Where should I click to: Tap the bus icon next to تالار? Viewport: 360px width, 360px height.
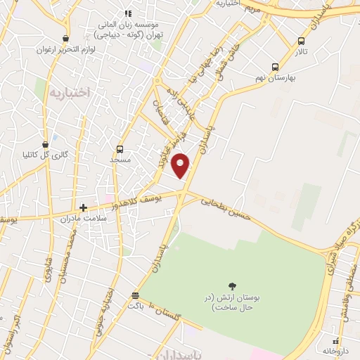coord(302,41)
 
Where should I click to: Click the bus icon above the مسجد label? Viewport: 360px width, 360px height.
coord(120,149)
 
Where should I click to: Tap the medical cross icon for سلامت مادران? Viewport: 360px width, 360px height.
coord(84,207)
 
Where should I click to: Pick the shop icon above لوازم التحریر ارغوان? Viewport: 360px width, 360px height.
coord(65,39)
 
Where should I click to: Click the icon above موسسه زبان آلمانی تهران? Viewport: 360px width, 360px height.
coord(128,13)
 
